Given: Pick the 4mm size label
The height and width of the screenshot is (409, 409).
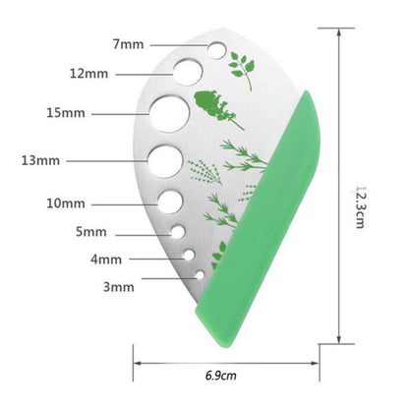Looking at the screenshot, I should click(105, 260).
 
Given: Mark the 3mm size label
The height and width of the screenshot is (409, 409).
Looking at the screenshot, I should click(118, 287).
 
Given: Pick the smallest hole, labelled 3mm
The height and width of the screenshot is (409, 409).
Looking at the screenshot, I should click(195, 273).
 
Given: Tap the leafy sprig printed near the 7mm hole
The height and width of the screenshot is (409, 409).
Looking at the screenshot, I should click(241, 71).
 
